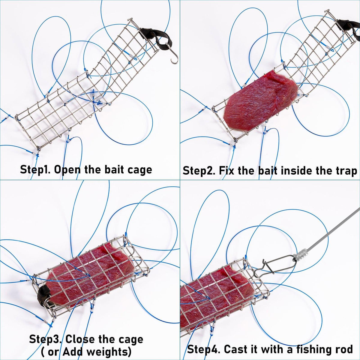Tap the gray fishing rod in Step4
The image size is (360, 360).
330,228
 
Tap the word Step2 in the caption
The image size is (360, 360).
199,171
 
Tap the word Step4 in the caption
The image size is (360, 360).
204,349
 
